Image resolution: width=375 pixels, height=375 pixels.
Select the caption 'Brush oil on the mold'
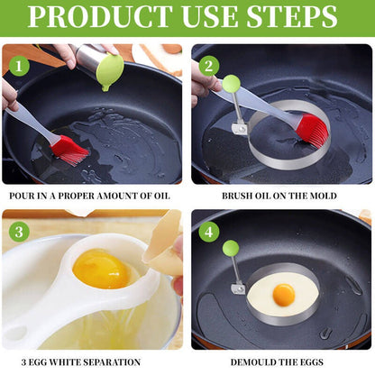click(280, 195)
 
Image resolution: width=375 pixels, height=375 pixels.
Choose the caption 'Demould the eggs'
click(280, 361)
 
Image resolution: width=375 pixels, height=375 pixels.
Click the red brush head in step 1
click(69, 149)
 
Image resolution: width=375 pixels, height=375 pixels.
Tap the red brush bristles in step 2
click(312, 130)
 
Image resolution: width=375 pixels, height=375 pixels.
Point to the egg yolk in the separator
click(101, 269)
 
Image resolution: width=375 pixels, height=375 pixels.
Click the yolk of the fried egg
click(284, 294)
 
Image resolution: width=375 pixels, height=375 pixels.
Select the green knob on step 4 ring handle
click(232, 248)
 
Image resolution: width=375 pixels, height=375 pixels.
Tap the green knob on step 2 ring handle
click(232, 84)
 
